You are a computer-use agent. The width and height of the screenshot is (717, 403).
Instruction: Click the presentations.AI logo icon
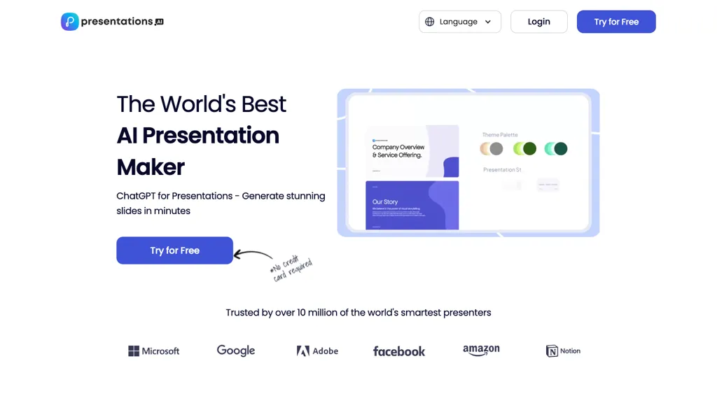pos(69,22)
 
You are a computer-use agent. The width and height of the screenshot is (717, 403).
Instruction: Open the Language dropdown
pos(460,22)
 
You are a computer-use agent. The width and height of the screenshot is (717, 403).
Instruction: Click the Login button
pos(538,22)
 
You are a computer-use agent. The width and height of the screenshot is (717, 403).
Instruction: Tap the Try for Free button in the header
pos(616,22)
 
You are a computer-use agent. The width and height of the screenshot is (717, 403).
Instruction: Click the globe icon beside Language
pos(430,22)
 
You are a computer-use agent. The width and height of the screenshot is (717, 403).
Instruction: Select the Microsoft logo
pos(154,351)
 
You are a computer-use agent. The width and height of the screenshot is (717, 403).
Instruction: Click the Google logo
pos(236,351)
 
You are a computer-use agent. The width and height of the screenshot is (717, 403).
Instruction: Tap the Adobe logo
pos(317,351)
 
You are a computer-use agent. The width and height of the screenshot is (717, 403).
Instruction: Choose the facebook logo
pos(399,351)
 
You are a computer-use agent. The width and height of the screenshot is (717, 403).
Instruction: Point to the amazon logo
pos(481,350)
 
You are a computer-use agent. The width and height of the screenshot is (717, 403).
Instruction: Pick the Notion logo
pos(563,351)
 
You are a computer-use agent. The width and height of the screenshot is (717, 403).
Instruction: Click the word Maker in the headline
pos(151,167)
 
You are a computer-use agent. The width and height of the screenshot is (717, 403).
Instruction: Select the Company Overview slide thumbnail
pos(412,151)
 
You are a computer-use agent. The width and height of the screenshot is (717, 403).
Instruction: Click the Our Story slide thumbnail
pos(412,205)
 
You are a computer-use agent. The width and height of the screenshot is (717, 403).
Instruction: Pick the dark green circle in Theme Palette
pos(529,148)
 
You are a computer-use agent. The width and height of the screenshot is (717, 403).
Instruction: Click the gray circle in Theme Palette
pos(496,148)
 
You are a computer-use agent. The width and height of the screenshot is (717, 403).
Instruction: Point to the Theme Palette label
pos(500,134)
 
